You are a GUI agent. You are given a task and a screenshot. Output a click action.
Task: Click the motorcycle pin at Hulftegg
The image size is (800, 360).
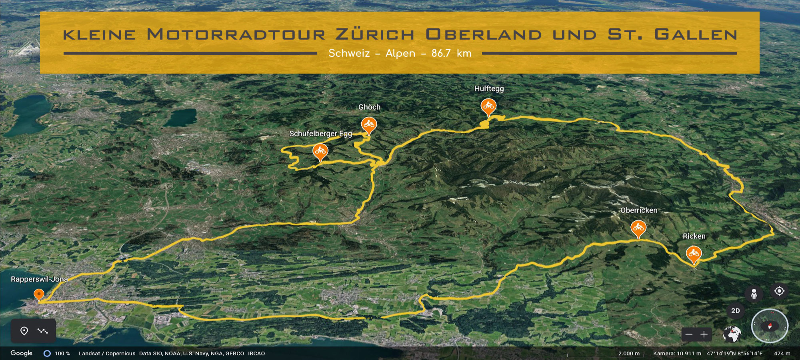[488, 106]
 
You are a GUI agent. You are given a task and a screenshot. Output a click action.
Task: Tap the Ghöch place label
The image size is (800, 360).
[369, 107]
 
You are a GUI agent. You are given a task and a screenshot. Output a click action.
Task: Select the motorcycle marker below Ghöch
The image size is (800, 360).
[368, 125]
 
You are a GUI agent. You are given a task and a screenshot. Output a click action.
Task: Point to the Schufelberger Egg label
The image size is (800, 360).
[320, 134]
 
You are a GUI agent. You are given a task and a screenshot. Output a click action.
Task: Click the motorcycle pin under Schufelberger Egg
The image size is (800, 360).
[320, 151]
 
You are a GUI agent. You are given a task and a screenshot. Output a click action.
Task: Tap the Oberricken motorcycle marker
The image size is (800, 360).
[638, 228]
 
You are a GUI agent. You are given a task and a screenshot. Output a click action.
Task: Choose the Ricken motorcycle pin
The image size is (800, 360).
[694, 254]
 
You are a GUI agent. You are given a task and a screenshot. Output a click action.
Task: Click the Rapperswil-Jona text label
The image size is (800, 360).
[39, 279]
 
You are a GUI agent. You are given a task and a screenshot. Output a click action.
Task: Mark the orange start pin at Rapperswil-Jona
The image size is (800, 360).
[39, 294]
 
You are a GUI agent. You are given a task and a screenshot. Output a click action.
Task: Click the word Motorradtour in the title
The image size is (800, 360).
[236, 34]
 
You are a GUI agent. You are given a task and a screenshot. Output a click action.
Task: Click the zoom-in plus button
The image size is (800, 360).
[704, 334]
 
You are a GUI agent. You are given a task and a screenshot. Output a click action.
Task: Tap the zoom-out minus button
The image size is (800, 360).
[689, 334]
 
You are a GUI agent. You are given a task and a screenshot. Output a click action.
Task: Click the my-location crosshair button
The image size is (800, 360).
[779, 291]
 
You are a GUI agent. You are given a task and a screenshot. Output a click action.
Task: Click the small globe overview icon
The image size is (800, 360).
[732, 334]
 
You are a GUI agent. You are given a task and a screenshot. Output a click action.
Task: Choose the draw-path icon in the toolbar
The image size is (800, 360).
[42, 331]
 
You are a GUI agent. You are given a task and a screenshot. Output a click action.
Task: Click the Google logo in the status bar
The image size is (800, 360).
[22, 353]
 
